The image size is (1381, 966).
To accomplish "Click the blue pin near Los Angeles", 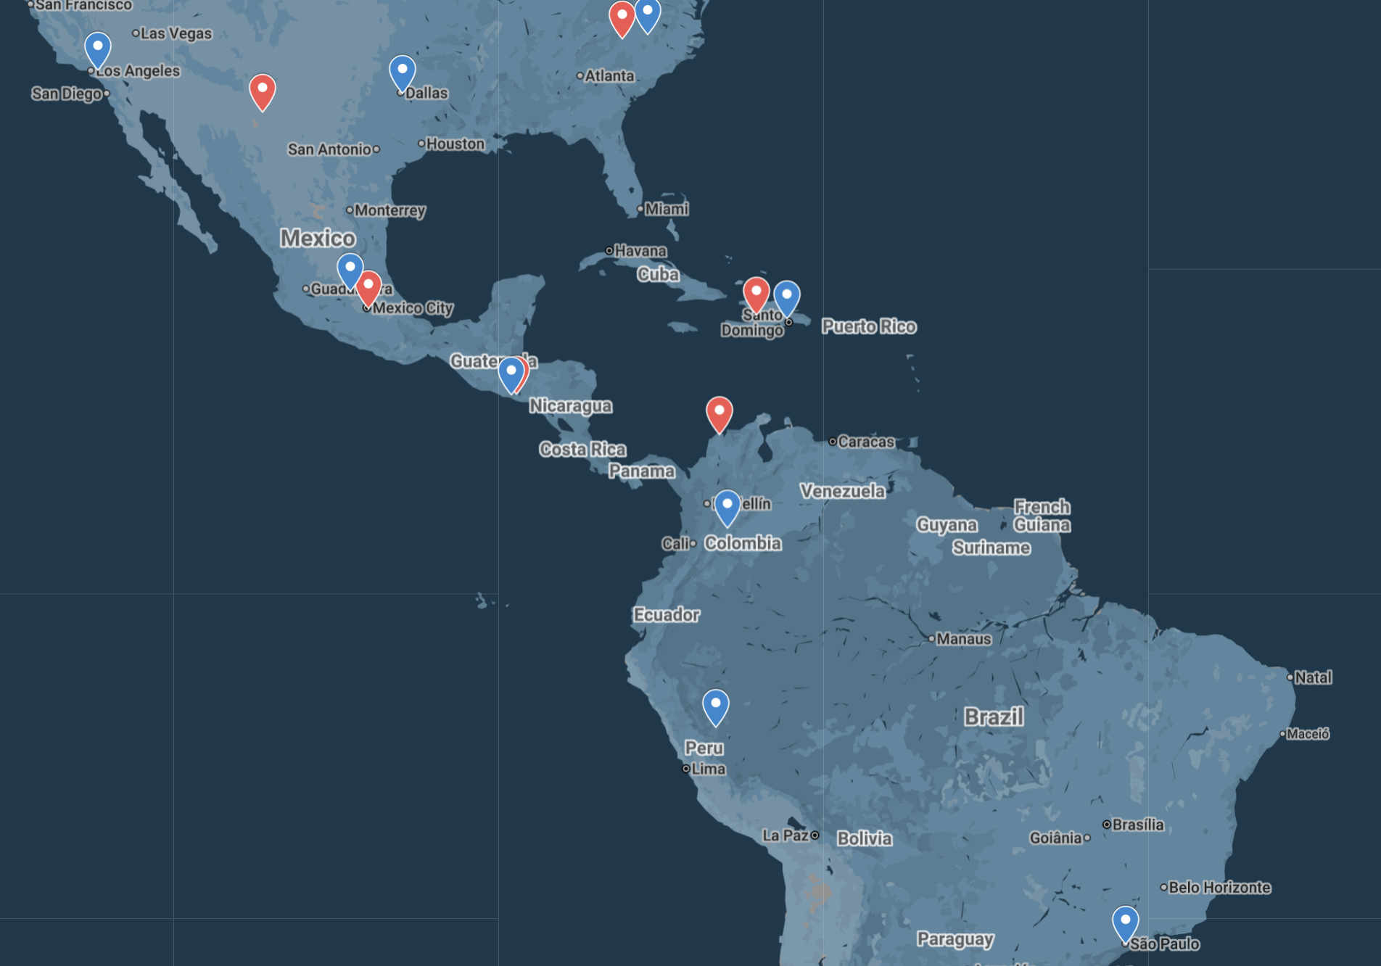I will pyautogui.click(x=98, y=49).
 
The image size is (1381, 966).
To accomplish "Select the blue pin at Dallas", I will pyautogui.click(x=403, y=73).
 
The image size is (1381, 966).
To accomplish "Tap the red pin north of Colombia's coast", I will pyautogui.click(x=720, y=413).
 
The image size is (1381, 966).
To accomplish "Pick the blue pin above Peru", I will pyautogui.click(x=716, y=706).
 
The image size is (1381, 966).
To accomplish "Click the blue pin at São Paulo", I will pyautogui.click(x=1126, y=923).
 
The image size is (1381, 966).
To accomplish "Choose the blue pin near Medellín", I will pyautogui.click(x=727, y=507).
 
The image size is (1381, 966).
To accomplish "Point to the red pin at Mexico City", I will pyautogui.click(x=368, y=288).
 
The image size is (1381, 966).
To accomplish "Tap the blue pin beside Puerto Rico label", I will pyautogui.click(x=787, y=298).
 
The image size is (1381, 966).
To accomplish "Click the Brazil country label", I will pyautogui.click(x=994, y=717).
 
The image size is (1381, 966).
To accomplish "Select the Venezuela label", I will pyautogui.click(x=842, y=491).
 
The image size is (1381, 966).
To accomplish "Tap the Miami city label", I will pyautogui.click(x=667, y=209).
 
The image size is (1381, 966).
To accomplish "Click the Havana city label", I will pyautogui.click(x=640, y=251).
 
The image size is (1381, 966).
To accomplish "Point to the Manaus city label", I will pyautogui.click(x=963, y=639).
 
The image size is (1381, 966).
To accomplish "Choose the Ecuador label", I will pyautogui.click(x=667, y=615).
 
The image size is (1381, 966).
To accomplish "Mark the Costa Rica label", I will pyautogui.click(x=582, y=450).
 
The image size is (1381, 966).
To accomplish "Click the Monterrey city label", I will pyautogui.click(x=389, y=210).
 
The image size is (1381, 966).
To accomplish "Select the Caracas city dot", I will pyautogui.click(x=833, y=441).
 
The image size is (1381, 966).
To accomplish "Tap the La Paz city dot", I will pyautogui.click(x=815, y=835).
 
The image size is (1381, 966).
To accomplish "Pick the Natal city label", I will pyautogui.click(x=1313, y=677).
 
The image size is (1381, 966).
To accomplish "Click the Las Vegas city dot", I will pyautogui.click(x=136, y=33).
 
